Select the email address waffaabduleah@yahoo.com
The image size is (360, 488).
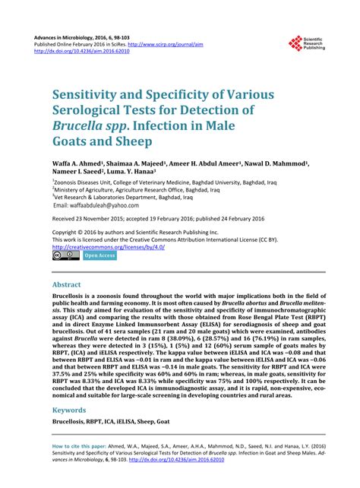click(96, 205)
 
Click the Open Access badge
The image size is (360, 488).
click(99, 256)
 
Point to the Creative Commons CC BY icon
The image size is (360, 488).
click(65, 256)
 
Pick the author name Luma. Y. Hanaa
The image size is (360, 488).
click(151, 173)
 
